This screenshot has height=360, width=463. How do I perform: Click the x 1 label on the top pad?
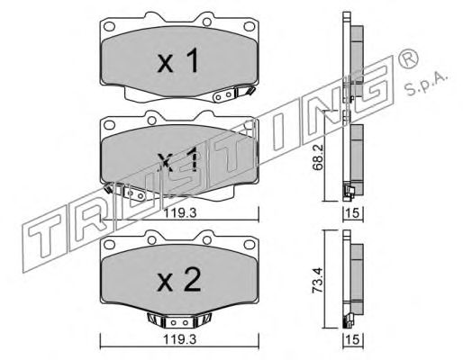pyautogui.click(x=177, y=61)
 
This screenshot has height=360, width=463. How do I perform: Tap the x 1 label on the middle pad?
pyautogui.click(x=177, y=159)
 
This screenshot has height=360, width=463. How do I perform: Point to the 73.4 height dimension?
pyautogui.click(x=318, y=280)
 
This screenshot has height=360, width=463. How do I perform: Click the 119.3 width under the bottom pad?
pyautogui.click(x=179, y=340)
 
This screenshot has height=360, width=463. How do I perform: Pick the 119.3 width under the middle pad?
pyautogui.click(x=179, y=213)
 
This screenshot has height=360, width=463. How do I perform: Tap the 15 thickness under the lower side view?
pyautogui.click(x=353, y=340)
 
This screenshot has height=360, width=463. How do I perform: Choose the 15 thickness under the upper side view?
pyautogui.click(x=353, y=213)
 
